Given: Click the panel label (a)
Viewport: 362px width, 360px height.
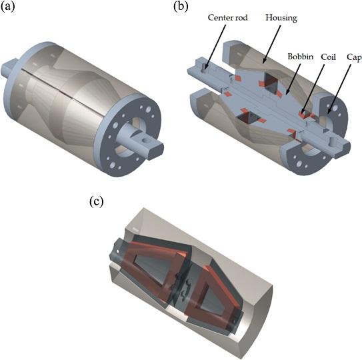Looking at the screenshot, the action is click(8, 7).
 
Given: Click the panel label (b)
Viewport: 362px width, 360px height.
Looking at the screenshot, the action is click(181, 7).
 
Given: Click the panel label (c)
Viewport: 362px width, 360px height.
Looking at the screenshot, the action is click(96, 201).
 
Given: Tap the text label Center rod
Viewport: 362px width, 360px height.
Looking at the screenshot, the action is click(227, 17).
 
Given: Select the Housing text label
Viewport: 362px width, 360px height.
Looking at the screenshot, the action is click(281, 17).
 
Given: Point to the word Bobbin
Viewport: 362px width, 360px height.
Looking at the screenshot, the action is click(301, 57).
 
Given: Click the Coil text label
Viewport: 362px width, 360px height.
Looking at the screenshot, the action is click(328, 57).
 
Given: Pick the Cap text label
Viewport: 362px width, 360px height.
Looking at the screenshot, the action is click(354, 57).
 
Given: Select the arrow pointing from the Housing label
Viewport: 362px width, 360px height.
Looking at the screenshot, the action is click(272, 44).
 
